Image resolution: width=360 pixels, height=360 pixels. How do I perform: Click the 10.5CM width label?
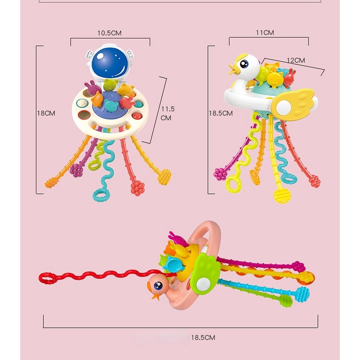point(109,33)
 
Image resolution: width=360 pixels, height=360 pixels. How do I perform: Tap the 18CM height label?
point(47,113)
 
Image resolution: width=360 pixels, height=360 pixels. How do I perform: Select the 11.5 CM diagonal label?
point(166,113)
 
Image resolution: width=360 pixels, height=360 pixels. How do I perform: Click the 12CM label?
point(296,60)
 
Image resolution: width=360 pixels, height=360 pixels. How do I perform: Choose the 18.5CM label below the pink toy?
point(203,337)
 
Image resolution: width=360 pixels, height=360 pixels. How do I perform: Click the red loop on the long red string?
point(46,277)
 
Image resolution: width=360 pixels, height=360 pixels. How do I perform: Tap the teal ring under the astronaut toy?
point(100,196)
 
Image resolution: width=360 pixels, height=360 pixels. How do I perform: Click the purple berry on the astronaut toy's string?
point(75,169)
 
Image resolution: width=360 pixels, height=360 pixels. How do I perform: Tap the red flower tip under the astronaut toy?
point(138,188)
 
